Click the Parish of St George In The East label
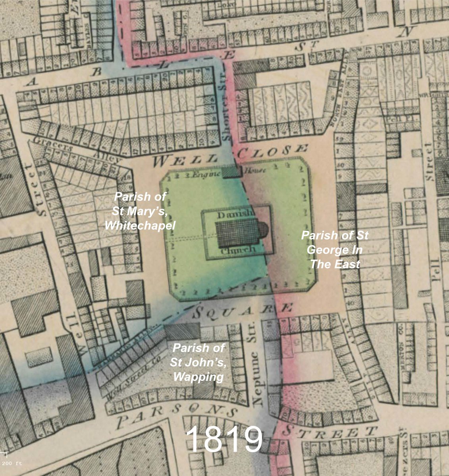335,250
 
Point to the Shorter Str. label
226,107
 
